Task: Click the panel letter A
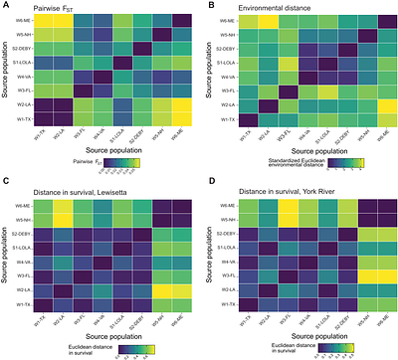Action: (x=5, y=6)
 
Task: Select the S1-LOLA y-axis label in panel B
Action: (x=231, y=62)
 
